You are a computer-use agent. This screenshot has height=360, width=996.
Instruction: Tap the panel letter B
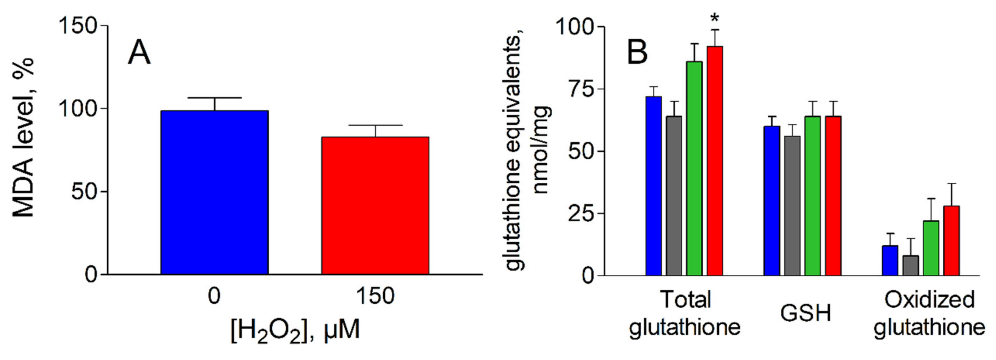click(x=637, y=54)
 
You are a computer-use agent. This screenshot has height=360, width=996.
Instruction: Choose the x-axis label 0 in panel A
click(x=214, y=297)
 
